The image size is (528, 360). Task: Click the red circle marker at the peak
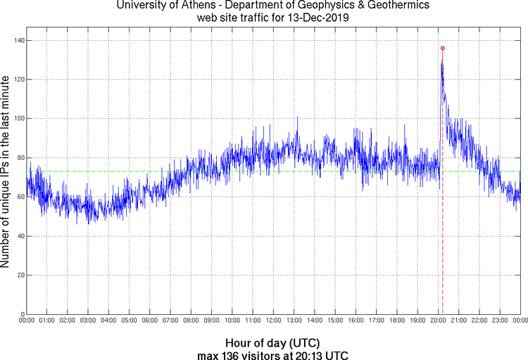click(442, 48)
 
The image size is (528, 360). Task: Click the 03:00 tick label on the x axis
click(88, 321)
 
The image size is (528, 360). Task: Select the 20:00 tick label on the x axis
click(438, 321)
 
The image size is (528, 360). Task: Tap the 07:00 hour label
click(170, 321)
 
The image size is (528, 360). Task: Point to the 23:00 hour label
click(500, 321)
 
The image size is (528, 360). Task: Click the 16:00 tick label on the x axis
click(356, 321)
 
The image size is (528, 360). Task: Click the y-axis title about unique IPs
click(6, 173)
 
